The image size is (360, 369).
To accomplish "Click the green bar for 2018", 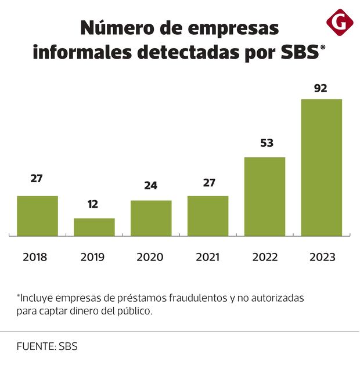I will tap(37, 216).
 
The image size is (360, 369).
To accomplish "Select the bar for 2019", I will tap(94, 227).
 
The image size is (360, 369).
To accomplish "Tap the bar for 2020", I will tap(151, 218).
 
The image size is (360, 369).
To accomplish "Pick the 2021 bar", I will tap(208, 216).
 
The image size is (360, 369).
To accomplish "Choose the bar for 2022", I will tap(265, 197).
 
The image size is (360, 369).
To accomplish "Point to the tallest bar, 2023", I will tap(322, 168).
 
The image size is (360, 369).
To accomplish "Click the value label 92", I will tap(321, 89).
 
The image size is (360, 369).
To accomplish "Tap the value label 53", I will tap(267, 143).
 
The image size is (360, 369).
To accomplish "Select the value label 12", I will tap(93, 204).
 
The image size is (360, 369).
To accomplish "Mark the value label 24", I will tap(150, 186).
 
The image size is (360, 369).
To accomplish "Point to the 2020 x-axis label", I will tap(150, 257).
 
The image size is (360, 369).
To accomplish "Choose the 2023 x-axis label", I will tap(322, 257).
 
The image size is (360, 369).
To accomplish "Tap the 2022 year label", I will tap(265, 257).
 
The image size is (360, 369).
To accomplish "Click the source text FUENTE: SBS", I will tap(47, 346).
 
